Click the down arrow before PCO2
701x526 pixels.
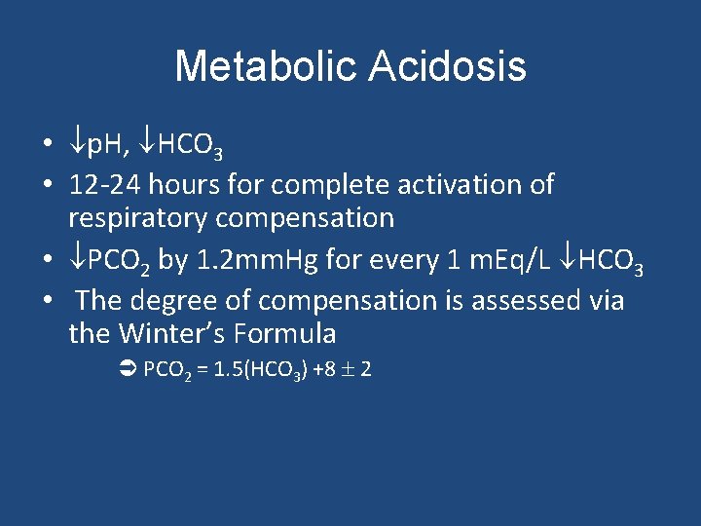point(77,260)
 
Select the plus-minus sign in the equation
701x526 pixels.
point(347,370)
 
